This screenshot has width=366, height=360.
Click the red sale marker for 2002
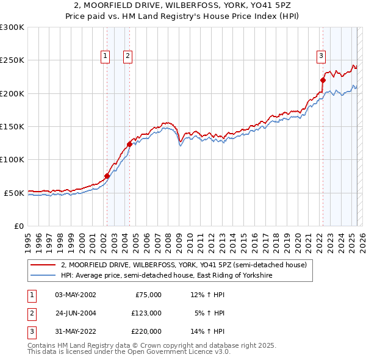point(107,176)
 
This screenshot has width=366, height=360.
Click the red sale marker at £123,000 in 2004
point(129,145)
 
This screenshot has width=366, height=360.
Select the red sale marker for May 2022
point(323,80)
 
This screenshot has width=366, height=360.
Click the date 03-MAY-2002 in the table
point(75,295)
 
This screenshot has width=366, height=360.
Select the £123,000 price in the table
point(146,313)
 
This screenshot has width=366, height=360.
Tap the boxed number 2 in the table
point(31,313)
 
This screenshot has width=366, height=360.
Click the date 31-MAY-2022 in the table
point(75,331)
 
